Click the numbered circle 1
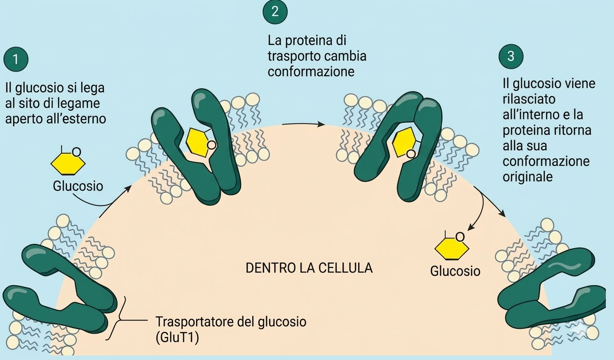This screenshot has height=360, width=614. [x=15, y=59]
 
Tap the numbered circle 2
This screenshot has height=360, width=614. [x=275, y=12]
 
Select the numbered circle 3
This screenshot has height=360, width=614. [x=511, y=56]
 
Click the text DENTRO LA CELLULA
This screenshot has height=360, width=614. [x=309, y=268]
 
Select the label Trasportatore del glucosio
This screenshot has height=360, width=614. [x=231, y=322]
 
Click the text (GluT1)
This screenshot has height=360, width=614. [x=177, y=338]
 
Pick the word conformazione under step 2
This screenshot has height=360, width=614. [x=311, y=72]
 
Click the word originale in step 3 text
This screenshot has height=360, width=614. [x=527, y=176]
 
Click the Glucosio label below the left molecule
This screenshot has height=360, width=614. [x=77, y=186]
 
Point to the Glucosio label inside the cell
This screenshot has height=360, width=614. [x=455, y=271]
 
